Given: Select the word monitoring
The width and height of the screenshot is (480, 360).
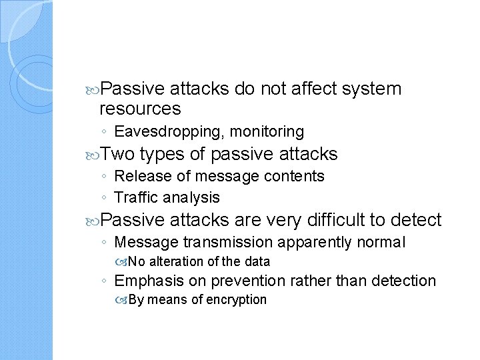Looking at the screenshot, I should tap(267, 132).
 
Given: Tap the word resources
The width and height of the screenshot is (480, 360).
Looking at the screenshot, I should tap(140, 108).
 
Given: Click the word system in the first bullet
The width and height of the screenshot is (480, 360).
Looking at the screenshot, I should tap(372, 89).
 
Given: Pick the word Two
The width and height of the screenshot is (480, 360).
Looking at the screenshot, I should tap(119, 155).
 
